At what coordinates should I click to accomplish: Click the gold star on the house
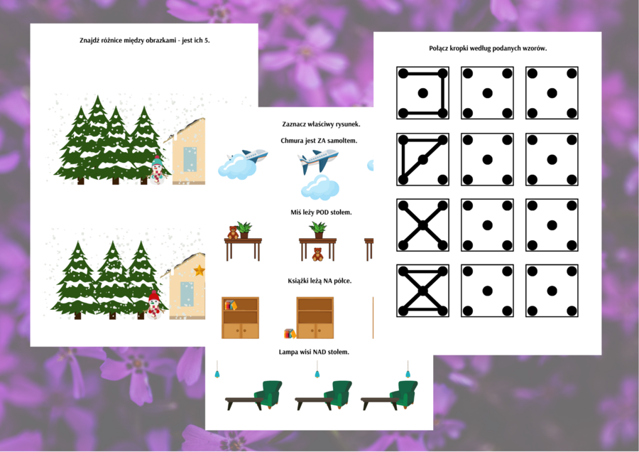[200, 270]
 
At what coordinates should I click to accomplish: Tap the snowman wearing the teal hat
[156, 170]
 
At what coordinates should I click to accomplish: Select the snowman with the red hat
[153, 304]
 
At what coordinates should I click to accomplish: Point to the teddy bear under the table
[317, 254]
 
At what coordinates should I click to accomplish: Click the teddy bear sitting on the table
[233, 232]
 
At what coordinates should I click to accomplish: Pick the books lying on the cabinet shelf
[231, 305]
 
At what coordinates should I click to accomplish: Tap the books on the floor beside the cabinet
[290, 334]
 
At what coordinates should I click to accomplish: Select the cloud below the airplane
[320, 188]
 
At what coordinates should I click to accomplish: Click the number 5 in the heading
[207, 41]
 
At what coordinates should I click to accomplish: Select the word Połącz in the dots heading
[439, 48]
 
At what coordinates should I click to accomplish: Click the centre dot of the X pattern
[422, 225]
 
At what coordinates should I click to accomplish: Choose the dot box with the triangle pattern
[422, 159]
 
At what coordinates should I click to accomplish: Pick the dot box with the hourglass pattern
[422, 291]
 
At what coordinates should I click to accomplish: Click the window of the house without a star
[190, 159]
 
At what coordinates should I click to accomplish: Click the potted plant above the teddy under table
[318, 230]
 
